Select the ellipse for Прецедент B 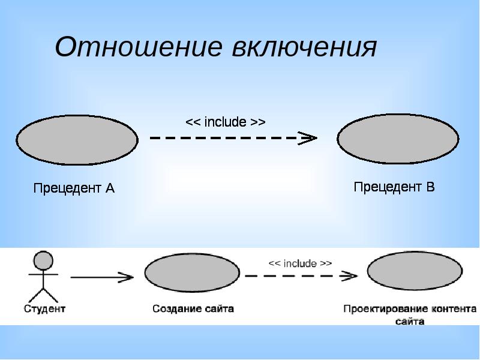point(398,139)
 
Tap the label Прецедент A point(73,188)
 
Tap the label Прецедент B point(394,187)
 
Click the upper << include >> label point(225,122)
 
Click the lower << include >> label point(300,263)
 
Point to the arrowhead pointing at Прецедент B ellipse point(309,138)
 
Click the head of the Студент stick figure point(43,260)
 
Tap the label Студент point(44,310)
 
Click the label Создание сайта point(193,310)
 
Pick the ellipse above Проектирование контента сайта point(415,272)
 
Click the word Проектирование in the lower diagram point(385,310)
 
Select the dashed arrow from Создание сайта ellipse point(300,276)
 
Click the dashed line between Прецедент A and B point(228,138)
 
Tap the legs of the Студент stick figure point(43,295)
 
